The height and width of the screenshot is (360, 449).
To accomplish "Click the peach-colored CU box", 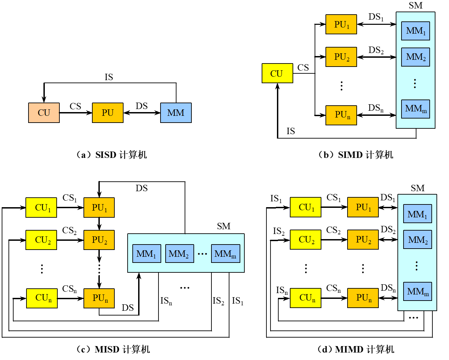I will click(44, 113).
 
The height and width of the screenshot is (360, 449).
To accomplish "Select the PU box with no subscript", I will click(108, 113).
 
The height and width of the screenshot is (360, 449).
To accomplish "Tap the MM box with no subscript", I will click(176, 113).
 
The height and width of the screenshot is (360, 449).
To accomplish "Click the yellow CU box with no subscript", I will click(277, 73).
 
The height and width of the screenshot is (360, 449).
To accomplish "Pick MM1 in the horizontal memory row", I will click(147, 254).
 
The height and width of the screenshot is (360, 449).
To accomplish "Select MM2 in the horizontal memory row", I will click(180, 254).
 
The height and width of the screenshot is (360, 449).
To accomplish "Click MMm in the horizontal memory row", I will click(225, 254).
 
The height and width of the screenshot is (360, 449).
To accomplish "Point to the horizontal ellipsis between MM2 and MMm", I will click(202, 254).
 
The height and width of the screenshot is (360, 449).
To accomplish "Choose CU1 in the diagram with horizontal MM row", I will click(41, 208).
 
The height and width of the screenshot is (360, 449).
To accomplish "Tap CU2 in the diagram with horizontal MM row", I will click(41, 240).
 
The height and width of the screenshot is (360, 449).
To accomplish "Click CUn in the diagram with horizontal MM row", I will click(42, 298).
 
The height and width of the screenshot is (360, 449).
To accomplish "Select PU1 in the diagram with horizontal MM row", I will click(99, 208).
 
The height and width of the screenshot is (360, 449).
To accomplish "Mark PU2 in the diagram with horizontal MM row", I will click(99, 240).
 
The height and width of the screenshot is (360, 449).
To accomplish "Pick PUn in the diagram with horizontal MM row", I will click(99, 298).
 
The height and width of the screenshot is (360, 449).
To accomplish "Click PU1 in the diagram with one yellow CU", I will click(341, 24).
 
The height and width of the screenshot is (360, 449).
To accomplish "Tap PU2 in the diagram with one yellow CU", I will click(341, 57).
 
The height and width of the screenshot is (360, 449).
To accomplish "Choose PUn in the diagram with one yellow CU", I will click(341, 115).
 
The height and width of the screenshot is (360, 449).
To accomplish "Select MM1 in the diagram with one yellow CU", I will click(415, 31).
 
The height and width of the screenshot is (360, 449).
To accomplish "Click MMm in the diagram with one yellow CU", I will click(415, 109).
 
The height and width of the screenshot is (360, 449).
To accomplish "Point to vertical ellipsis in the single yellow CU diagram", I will click(415, 84).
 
